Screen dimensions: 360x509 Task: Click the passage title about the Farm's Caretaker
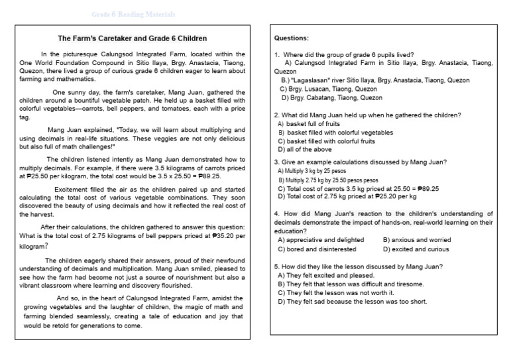click(x=133, y=38)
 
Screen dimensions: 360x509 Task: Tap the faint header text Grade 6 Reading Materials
click(x=133, y=14)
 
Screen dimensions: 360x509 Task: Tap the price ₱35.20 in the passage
click(x=218, y=235)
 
